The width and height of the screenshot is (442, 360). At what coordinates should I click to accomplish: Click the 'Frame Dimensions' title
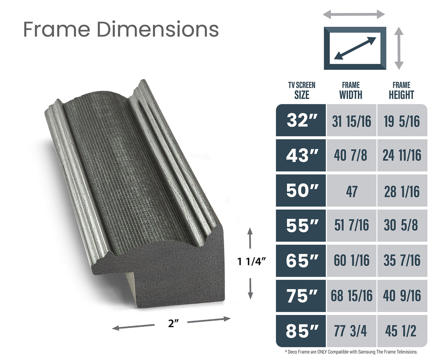[121, 29]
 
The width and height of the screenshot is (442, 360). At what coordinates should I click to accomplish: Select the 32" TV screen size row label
[301, 120]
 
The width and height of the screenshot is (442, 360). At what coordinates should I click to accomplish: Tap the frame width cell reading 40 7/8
[351, 155]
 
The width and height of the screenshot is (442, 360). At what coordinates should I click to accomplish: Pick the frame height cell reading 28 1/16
[401, 191]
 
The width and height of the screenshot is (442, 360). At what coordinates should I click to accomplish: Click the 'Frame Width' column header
[351, 91]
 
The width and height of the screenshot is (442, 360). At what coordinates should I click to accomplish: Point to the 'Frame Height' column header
[401, 91]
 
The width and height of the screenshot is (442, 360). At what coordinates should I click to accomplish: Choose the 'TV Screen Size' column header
[302, 91]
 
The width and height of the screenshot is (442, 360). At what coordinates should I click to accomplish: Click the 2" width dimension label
[171, 324]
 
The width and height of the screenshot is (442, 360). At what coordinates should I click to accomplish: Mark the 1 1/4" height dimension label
[251, 262]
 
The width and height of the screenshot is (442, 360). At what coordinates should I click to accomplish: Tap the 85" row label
[301, 331]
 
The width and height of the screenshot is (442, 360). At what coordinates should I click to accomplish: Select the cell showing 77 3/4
[351, 331]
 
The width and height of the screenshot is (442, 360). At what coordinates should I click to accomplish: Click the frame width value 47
[351, 191]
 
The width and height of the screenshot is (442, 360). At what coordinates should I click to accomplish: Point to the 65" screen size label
[301, 261]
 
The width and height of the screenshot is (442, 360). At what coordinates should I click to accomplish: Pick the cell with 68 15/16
[351, 296]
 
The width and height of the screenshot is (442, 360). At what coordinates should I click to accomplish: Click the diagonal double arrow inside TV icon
[355, 48]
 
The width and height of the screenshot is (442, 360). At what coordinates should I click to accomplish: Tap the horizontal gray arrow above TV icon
[354, 15]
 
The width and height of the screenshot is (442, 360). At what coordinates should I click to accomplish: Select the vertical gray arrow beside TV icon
[399, 48]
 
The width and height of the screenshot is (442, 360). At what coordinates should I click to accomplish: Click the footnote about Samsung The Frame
[351, 352]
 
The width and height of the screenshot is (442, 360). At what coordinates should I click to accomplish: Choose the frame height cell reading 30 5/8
[401, 226]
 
